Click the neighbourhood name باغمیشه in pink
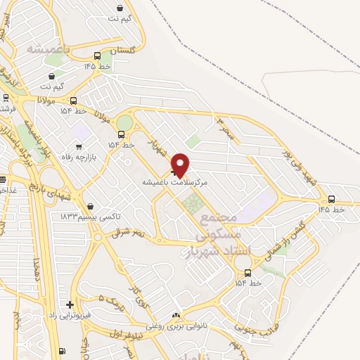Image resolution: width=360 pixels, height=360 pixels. tap(49, 49)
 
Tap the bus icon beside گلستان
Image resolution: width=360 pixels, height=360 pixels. tap(97, 56)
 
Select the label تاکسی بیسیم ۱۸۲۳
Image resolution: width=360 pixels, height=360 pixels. tap(88, 215)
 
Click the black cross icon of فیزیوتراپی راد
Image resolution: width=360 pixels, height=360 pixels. tap(69, 304)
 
